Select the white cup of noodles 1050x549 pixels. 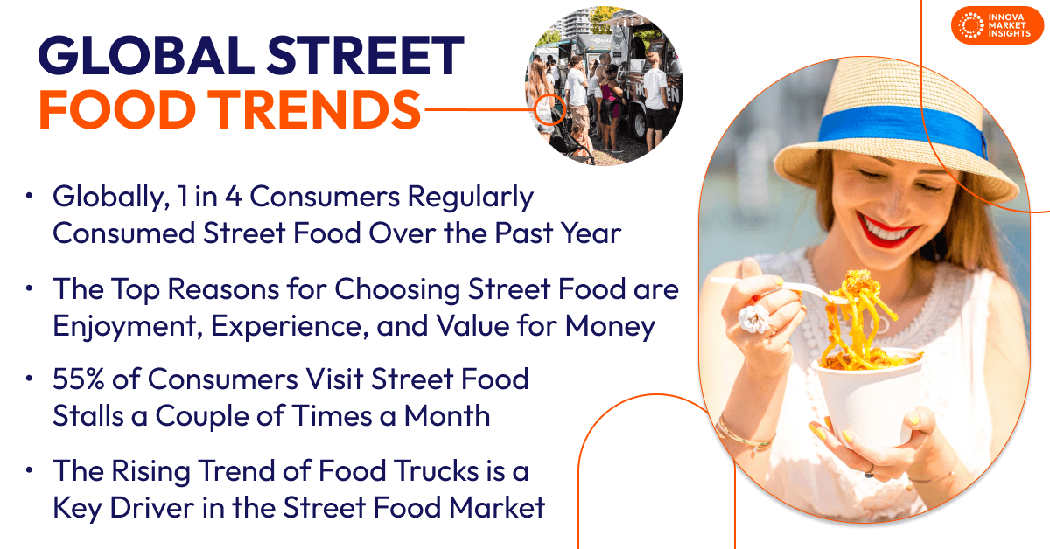pyautogui.click(x=866, y=393)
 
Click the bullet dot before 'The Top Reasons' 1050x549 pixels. pyautogui.click(x=31, y=289)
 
